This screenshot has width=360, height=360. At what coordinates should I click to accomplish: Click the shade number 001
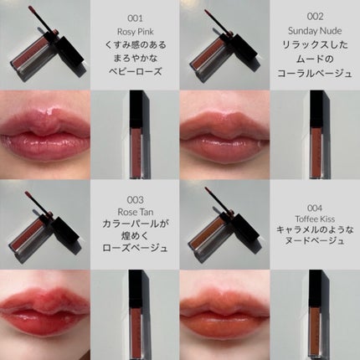coord(135,18)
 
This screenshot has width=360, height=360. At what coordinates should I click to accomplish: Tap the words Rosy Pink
coord(135,32)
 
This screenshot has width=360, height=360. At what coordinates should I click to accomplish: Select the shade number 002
coord(315,17)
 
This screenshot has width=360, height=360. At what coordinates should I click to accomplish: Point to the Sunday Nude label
coord(315,30)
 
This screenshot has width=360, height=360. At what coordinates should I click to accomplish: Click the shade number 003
coord(135,200)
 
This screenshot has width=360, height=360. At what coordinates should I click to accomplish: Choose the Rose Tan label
coord(136,212)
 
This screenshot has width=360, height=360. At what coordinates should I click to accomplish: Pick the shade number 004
coord(315,208)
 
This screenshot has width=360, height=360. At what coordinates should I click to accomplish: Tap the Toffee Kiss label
coord(315,219)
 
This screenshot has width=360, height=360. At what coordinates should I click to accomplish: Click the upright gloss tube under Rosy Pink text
coord(140,135)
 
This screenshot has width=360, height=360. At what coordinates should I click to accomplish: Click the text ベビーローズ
coord(135,71)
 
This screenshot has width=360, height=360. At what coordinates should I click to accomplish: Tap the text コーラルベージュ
coord(315,73)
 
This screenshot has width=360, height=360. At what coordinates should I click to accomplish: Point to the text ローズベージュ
coord(135,248)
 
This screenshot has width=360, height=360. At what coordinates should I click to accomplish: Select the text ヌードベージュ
coord(315,240)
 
